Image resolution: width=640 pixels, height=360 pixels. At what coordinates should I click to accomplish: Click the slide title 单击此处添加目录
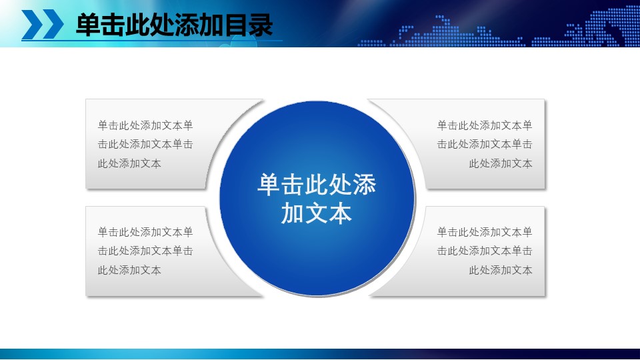click(x=175, y=26)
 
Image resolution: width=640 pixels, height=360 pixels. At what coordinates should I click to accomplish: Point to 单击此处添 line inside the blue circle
click(x=317, y=185)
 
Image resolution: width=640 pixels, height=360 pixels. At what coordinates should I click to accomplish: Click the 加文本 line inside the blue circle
click(x=317, y=214)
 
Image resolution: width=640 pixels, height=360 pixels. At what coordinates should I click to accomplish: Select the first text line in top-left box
click(x=145, y=125)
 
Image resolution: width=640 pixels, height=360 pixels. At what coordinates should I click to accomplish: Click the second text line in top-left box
click(x=145, y=144)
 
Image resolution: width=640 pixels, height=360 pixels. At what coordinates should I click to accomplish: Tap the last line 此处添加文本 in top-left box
click(x=129, y=163)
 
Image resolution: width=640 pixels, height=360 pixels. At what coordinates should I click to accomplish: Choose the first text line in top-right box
click(x=485, y=125)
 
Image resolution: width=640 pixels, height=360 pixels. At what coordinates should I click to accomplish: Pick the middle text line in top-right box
click(x=485, y=144)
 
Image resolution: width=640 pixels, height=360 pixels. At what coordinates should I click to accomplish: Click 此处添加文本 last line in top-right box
click(x=501, y=163)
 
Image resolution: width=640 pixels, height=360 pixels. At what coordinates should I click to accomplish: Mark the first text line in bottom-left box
click(x=145, y=232)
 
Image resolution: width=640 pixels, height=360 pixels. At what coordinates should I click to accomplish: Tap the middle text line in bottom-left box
click(x=145, y=251)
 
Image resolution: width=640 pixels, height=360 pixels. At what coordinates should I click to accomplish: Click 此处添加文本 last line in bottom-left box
click(x=129, y=270)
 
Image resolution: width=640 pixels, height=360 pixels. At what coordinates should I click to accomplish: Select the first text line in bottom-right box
click(x=485, y=232)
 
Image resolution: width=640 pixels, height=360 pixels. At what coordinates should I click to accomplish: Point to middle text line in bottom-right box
click(x=485, y=251)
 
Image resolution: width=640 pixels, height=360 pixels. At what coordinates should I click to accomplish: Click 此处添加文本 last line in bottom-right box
click(x=501, y=270)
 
